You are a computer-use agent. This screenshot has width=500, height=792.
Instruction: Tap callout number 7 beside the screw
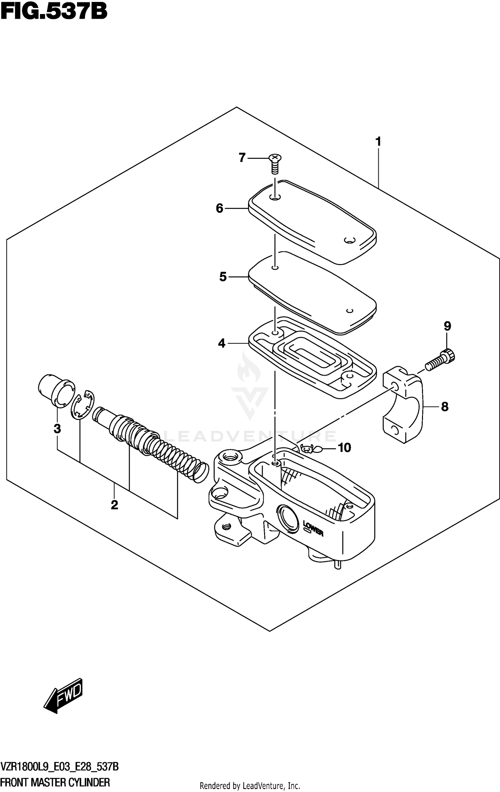tap(242, 158)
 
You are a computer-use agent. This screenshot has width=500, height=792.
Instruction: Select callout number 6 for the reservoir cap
tap(219, 208)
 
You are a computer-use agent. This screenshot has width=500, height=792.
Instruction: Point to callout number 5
tap(223, 277)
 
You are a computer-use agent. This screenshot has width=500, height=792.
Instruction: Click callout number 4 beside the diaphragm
tap(222, 343)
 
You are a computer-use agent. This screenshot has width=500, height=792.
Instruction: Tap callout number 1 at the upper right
tap(378, 142)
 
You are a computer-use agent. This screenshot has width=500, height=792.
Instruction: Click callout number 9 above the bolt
tap(447, 326)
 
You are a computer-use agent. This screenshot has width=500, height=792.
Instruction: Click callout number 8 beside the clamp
tap(445, 407)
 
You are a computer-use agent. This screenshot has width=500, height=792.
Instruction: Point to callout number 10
tap(344, 448)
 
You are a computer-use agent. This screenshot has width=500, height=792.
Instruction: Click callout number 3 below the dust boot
tap(57, 429)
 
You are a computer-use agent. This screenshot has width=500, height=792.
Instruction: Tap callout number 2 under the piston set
tap(114, 505)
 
